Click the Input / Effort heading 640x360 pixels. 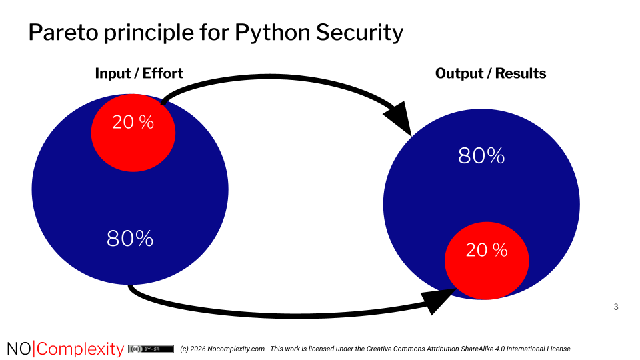pos(139,73)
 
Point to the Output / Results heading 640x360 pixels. pos(490,73)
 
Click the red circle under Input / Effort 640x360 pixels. pos(133,143)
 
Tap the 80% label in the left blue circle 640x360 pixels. pos(130,238)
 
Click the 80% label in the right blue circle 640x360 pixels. pos(481,155)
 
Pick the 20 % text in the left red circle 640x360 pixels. pos(133,122)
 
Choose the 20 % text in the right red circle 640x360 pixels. pos(487,250)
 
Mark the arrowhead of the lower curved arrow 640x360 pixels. pos(439,301)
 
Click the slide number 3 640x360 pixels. pos(615,307)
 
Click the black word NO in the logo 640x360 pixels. pos(19,349)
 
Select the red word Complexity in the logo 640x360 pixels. pos(79,349)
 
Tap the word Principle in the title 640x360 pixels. pos(147,32)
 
